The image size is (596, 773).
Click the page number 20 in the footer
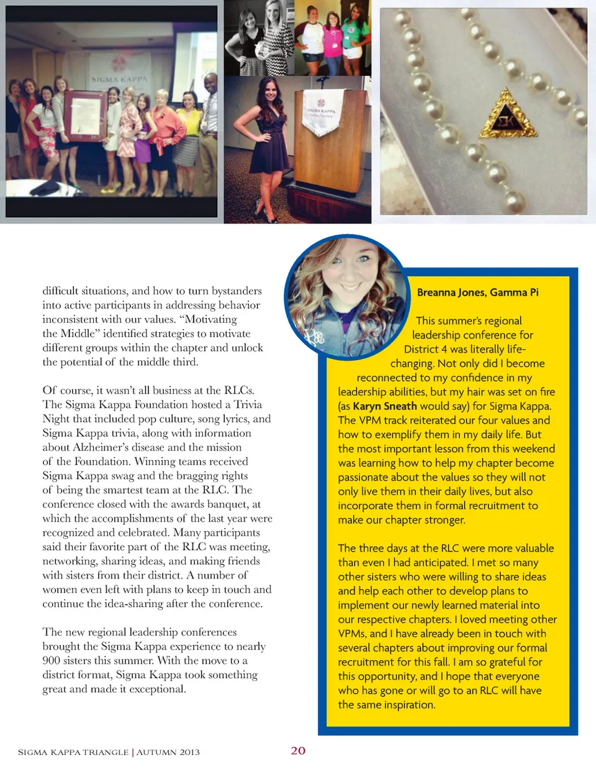298,751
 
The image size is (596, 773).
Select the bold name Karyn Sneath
385,406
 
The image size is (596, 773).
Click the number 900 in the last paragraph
52,660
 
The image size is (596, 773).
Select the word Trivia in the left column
248,404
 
